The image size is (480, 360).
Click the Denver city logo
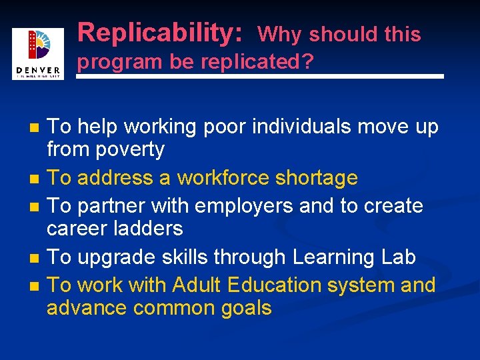pyautogui.click(x=37, y=54)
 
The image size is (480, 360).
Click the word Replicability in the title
pyautogui.click(x=159, y=32)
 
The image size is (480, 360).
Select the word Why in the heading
pyautogui.click(x=280, y=34)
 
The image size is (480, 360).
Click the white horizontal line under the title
pyautogui.click(x=260, y=77)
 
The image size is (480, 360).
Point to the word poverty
pyautogui.click(x=129, y=149)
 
